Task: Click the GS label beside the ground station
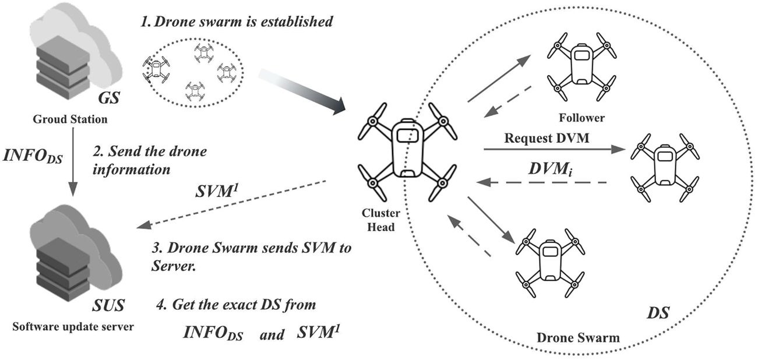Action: coord(108,97)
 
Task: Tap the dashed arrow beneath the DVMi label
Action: coord(542,182)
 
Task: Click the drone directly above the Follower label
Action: coord(581,66)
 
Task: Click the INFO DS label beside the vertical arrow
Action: coord(33,157)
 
